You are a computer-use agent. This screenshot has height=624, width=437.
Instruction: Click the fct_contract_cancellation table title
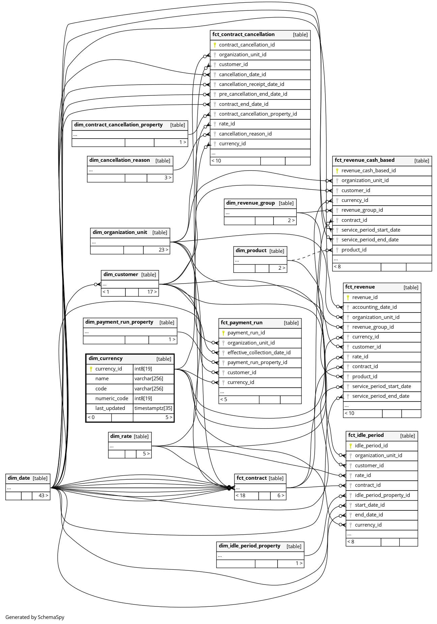[x=243, y=34]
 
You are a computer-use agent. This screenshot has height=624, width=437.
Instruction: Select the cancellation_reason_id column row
[x=245, y=134]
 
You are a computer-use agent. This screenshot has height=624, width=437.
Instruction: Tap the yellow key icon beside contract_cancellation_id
[x=215, y=45]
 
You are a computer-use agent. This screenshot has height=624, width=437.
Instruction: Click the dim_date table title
[x=19, y=478]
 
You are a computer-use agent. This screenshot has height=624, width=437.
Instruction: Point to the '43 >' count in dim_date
[x=43, y=496]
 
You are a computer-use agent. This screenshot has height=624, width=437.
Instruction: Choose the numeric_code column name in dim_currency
[x=112, y=398]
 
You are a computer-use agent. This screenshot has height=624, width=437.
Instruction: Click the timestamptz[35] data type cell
[x=153, y=408]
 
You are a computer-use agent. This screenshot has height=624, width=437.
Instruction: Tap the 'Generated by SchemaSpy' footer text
[x=35, y=617]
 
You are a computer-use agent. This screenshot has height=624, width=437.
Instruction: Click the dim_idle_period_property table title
[x=250, y=546]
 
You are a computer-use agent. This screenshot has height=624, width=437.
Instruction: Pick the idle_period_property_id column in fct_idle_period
[x=382, y=495]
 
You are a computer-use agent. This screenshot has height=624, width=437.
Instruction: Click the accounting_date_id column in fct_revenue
[x=374, y=307]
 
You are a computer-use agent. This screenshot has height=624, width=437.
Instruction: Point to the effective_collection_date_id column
[x=259, y=353]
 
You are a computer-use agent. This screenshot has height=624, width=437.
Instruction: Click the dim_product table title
[x=251, y=250]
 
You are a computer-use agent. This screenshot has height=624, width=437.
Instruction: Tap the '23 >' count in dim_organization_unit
[x=163, y=250]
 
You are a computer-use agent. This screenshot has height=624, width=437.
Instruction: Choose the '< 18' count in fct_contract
[x=240, y=496]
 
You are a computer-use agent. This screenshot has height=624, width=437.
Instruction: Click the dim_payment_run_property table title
[x=119, y=322]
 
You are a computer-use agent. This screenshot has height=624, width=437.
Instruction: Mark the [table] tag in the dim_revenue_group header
[x=286, y=203]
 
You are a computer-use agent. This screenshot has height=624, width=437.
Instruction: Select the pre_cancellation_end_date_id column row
[x=253, y=94]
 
